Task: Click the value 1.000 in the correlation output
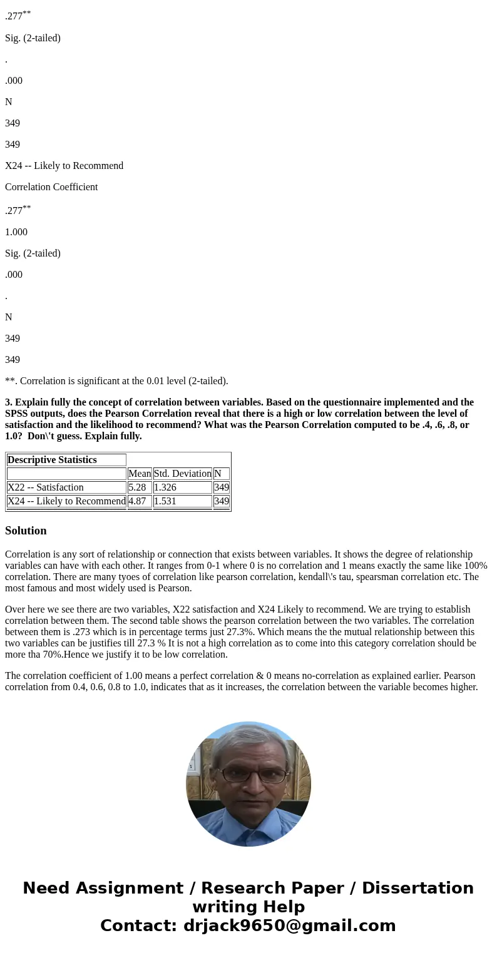(x=16, y=232)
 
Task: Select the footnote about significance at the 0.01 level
(x=116, y=381)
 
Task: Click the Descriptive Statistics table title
(x=52, y=460)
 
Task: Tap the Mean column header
(x=140, y=474)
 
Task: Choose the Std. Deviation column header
(x=182, y=474)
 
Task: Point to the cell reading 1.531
(x=165, y=501)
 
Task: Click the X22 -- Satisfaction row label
(x=46, y=487)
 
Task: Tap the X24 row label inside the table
(x=66, y=501)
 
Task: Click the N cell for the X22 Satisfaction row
(x=221, y=487)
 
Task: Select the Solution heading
(x=26, y=531)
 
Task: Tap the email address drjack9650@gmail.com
(x=289, y=926)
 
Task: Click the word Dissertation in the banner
(x=418, y=889)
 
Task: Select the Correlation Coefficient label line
(x=51, y=187)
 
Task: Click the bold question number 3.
(x=9, y=402)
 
